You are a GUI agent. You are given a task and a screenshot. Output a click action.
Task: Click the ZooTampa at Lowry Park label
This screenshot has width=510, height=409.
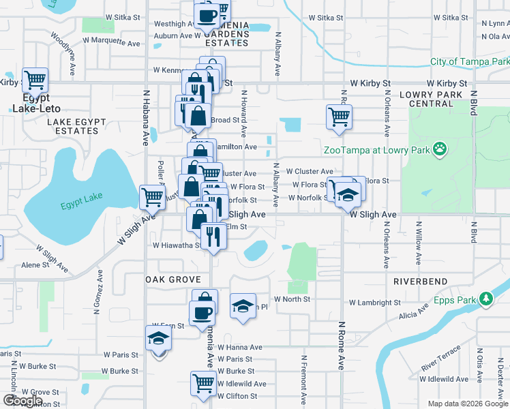[375, 150]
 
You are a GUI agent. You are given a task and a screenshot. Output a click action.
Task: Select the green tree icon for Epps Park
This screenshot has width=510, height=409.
[485, 299]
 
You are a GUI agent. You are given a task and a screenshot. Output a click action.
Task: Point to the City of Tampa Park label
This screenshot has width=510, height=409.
[469, 61]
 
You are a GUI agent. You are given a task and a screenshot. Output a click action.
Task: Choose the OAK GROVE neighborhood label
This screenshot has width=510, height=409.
[173, 280]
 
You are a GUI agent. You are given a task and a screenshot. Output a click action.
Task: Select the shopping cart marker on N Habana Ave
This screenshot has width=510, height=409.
[152, 198]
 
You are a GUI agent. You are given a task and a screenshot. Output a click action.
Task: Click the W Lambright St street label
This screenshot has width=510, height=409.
[374, 303]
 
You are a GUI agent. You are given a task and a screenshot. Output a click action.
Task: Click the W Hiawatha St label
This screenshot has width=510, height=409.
[177, 245]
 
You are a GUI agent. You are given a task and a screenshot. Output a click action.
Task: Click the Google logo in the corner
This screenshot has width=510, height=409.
[22, 401]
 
